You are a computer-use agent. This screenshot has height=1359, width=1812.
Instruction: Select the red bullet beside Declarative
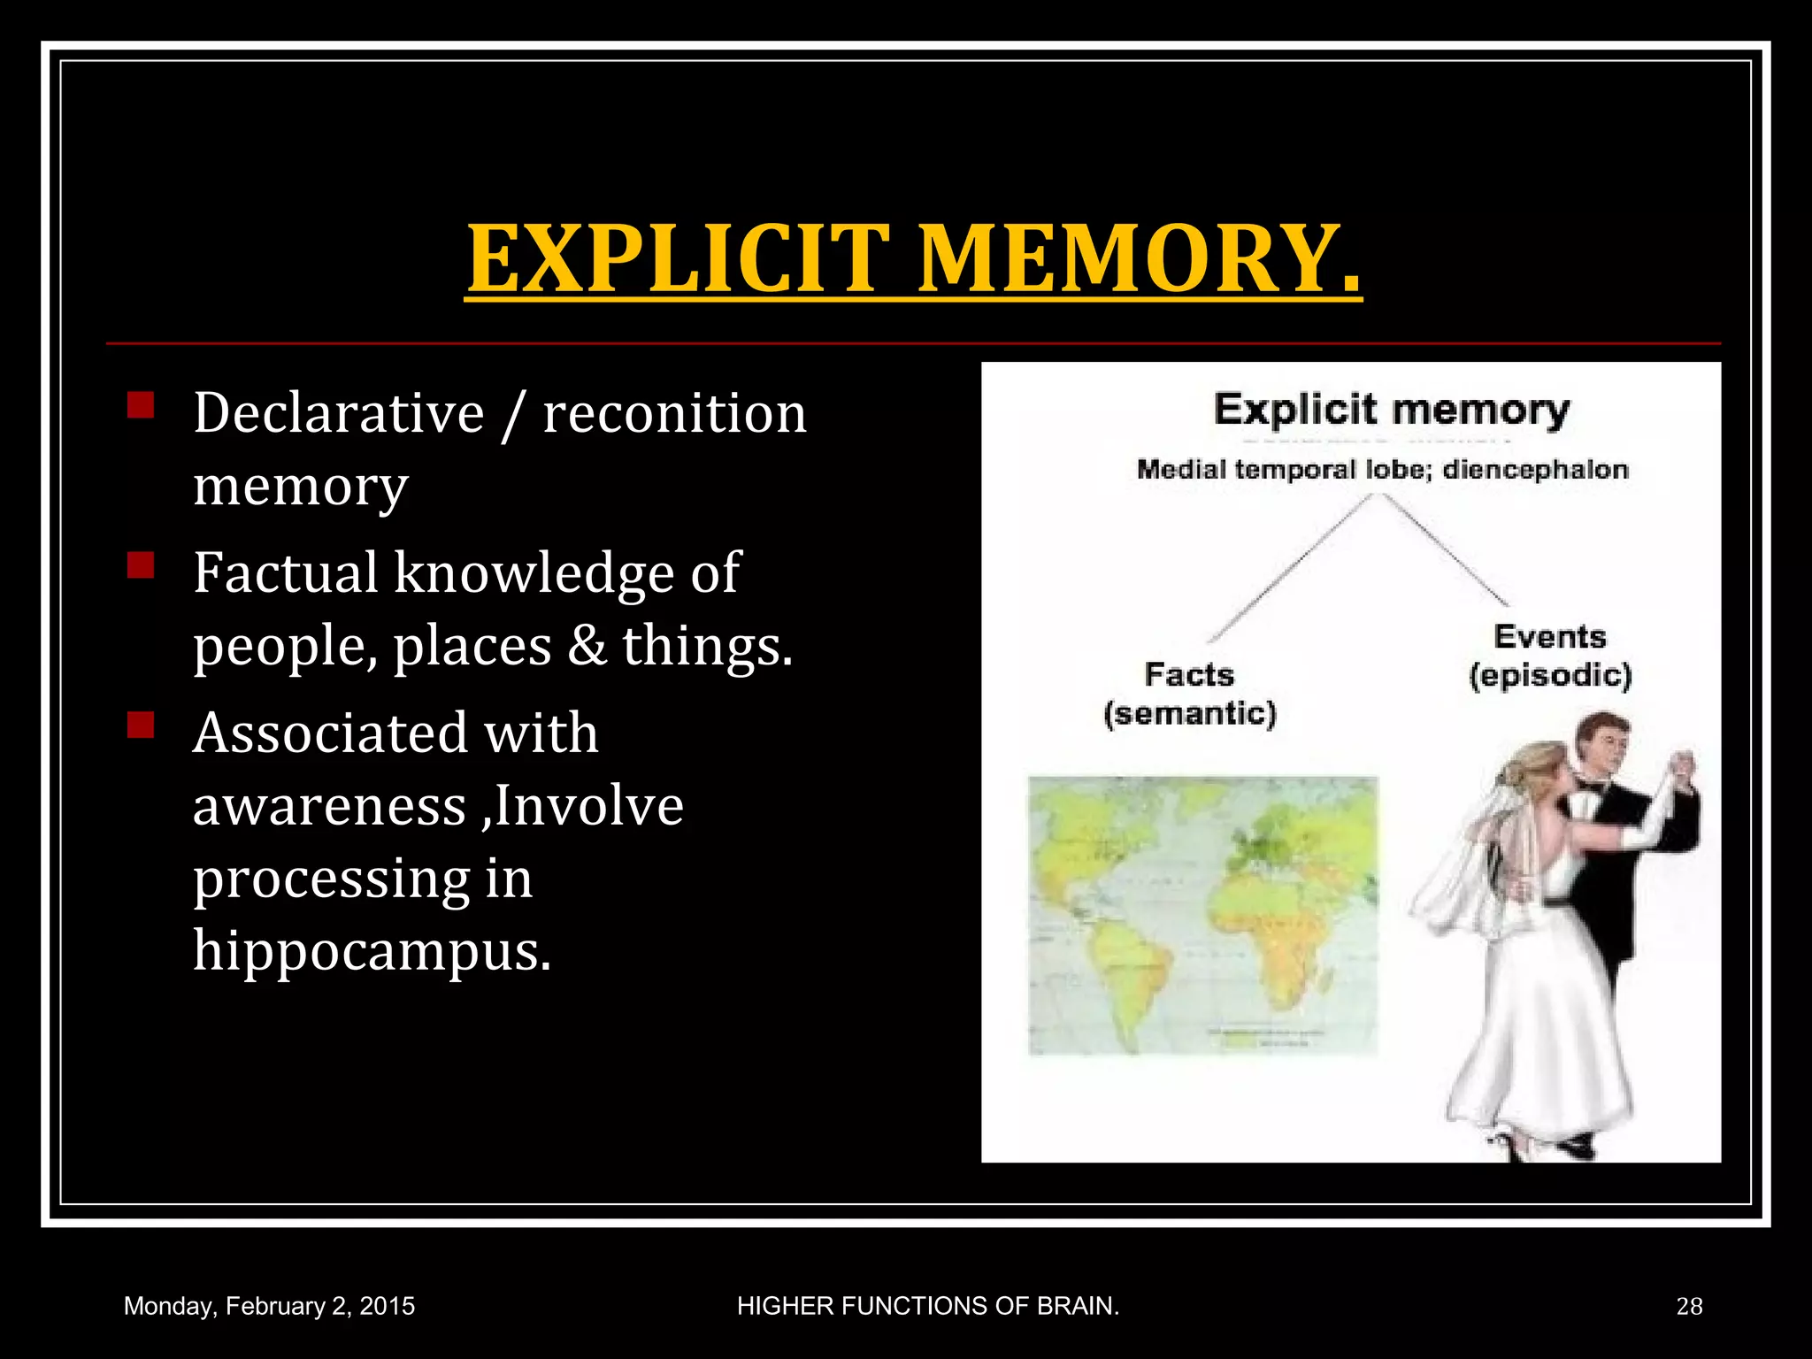pos(141,406)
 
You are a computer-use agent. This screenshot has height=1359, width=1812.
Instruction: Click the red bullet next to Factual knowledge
pos(141,564)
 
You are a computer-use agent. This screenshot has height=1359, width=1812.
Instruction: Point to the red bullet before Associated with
pos(141,726)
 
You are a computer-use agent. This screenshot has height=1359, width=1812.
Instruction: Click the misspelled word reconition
pos(674,413)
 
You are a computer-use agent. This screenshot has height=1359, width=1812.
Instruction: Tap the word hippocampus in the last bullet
pos(372,951)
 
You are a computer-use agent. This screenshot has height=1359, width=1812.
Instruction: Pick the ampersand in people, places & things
pos(587,645)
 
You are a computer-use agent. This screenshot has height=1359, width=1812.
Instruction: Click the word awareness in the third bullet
pos(329,806)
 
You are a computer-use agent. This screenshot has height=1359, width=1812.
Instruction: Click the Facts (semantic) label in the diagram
pos(1189,694)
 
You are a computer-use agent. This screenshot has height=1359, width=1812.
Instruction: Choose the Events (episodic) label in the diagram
pos(1550,656)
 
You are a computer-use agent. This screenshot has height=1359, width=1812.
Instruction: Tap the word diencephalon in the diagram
pos(1535,470)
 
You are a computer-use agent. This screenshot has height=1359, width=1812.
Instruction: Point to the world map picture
pos(1202,915)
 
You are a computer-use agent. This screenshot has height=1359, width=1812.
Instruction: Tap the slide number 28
pos(1689,1306)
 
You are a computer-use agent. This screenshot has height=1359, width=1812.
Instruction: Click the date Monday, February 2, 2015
pos(269,1306)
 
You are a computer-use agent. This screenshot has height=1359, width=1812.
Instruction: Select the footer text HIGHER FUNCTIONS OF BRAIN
pos(928,1306)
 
